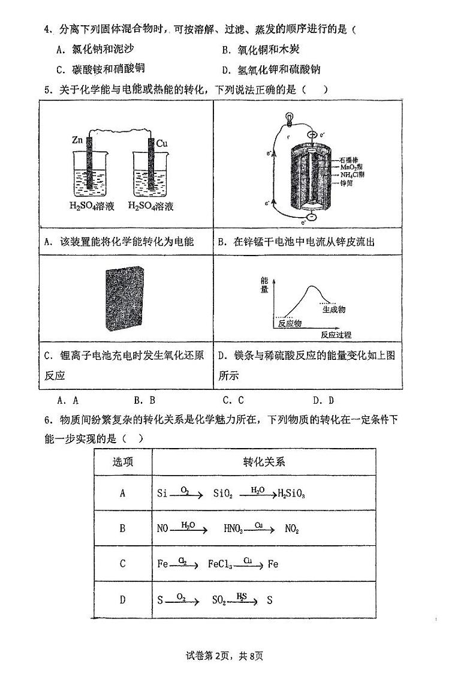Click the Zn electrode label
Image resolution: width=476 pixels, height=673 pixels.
[77, 140]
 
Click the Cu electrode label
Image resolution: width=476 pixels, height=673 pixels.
[161, 143]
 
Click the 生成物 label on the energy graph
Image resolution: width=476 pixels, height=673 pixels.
[333, 310]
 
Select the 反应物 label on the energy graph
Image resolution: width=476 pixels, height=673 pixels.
[289, 324]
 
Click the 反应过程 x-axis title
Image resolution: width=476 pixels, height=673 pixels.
[336, 335]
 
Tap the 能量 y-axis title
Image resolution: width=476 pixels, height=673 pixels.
[264, 285]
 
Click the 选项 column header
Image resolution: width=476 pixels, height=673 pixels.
[123, 461]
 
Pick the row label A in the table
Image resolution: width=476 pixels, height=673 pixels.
[123, 493]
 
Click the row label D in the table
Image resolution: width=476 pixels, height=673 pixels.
[123, 599]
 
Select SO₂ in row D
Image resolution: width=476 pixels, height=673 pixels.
[221, 599]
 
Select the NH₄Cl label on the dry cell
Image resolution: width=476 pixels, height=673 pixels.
[353, 175]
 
